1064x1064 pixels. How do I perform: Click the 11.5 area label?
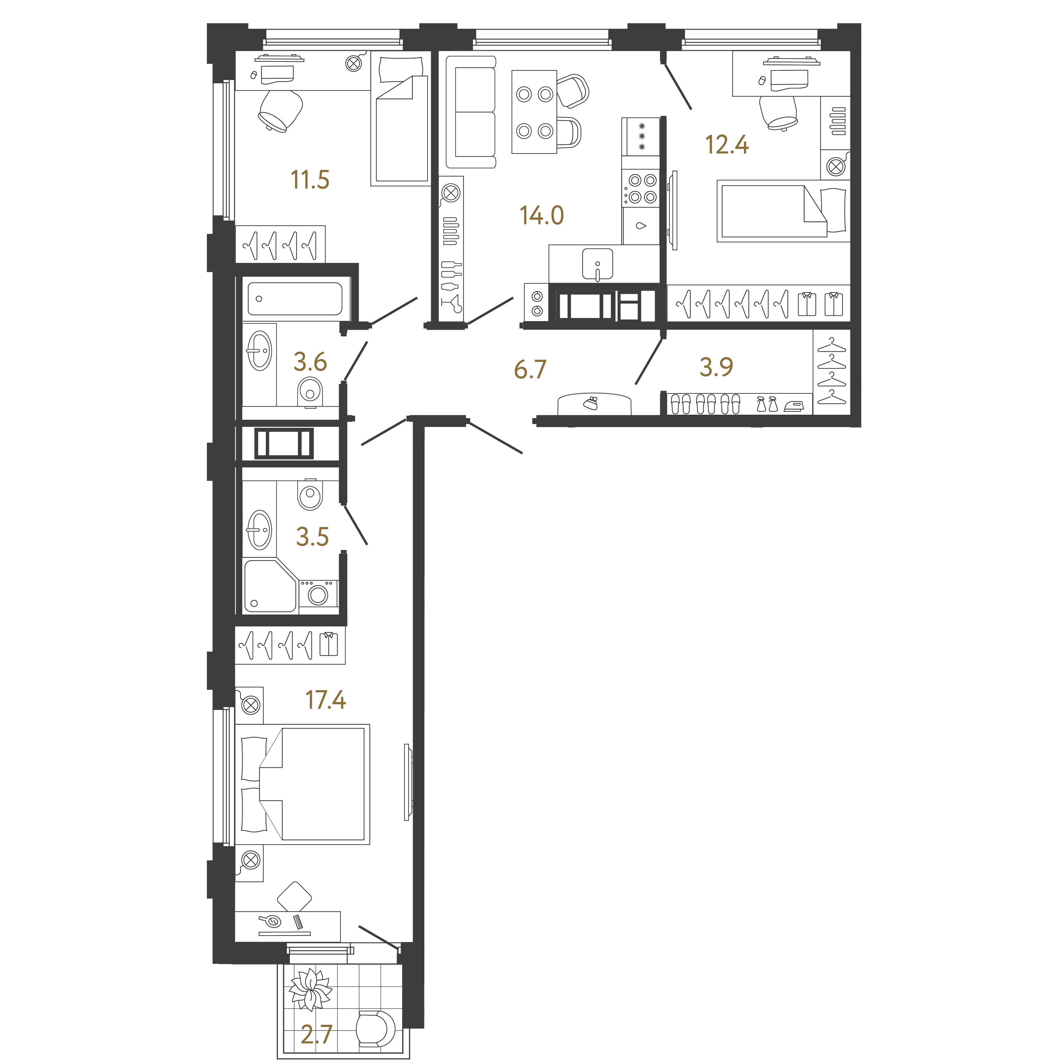[x=310, y=180]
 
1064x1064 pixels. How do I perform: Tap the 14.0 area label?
[x=542, y=215]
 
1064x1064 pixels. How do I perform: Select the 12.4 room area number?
[x=727, y=145]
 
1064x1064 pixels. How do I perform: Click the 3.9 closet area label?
[x=717, y=367]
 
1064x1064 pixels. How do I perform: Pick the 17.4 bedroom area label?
[x=326, y=700]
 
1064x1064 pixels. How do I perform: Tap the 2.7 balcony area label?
[x=317, y=1035]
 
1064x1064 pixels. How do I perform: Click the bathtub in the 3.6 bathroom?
[x=295, y=299]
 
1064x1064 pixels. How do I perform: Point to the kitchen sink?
[x=597, y=264]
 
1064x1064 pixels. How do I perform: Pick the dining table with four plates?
[x=534, y=112]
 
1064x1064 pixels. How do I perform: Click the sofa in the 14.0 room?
[x=471, y=112]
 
